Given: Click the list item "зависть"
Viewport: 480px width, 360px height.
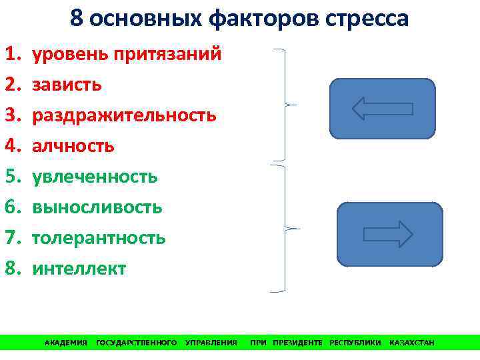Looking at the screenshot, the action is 67,85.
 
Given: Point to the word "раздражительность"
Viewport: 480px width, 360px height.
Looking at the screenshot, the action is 124,115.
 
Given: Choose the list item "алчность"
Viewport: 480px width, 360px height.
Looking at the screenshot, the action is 73,146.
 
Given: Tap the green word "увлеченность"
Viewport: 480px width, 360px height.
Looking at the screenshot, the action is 95,177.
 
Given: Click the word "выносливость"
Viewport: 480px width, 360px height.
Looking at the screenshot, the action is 97,207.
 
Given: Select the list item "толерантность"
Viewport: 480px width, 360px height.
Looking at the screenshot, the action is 99,238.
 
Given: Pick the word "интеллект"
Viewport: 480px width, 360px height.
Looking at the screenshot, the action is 79,269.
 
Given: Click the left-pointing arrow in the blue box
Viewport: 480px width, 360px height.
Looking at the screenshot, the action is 382,108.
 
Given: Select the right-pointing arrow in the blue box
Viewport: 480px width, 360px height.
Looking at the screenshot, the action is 389,234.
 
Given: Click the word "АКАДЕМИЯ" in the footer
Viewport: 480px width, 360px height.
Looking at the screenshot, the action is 65,343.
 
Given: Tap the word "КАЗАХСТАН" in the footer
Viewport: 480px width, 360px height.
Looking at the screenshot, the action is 411,343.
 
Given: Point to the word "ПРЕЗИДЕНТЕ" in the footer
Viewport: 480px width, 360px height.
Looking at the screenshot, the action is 297,343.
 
